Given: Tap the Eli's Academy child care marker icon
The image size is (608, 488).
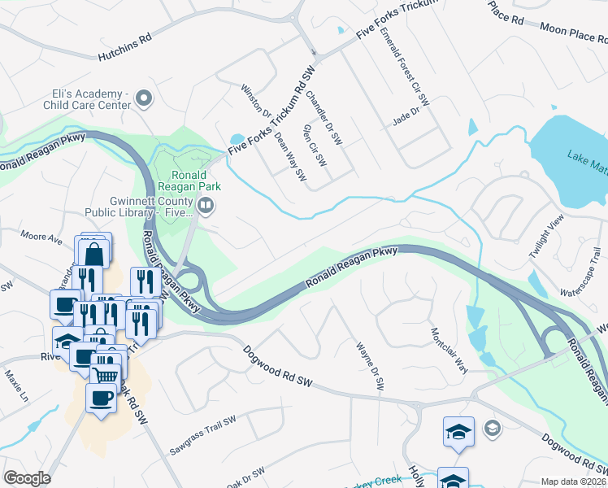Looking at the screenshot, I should click(x=145, y=98).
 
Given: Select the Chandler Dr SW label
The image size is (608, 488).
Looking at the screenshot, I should click(x=324, y=118).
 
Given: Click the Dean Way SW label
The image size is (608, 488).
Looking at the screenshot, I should click(x=290, y=156).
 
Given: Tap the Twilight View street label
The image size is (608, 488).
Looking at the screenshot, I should click(x=545, y=237).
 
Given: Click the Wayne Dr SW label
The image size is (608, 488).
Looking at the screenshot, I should click(x=369, y=366).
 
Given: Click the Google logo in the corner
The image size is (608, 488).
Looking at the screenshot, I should click(x=27, y=478).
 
